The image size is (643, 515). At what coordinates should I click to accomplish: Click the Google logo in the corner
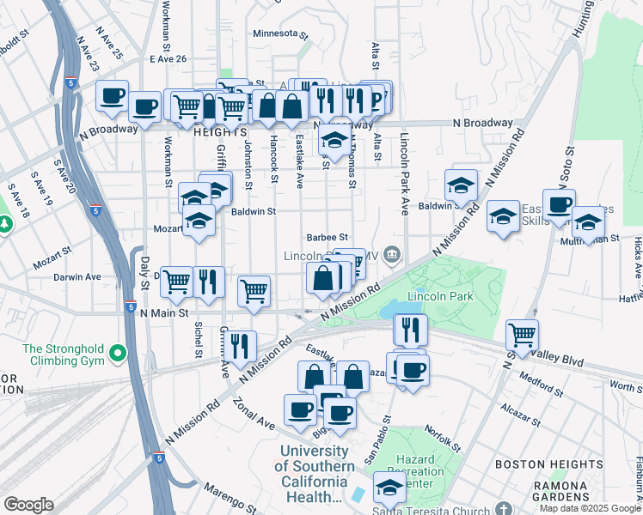[x=28, y=505]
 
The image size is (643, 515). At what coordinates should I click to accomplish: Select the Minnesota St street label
[x=280, y=34]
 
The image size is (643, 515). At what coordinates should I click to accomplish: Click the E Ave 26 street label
[x=167, y=58]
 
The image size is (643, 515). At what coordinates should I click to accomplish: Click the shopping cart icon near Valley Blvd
[x=522, y=333]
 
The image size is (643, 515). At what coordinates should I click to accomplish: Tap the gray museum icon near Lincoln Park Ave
[x=393, y=252]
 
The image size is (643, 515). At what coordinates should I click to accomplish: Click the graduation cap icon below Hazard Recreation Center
[x=390, y=488]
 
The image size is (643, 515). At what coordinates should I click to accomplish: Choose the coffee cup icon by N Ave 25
[x=112, y=96]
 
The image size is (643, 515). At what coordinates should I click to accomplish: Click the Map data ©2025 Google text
[x=589, y=507]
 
